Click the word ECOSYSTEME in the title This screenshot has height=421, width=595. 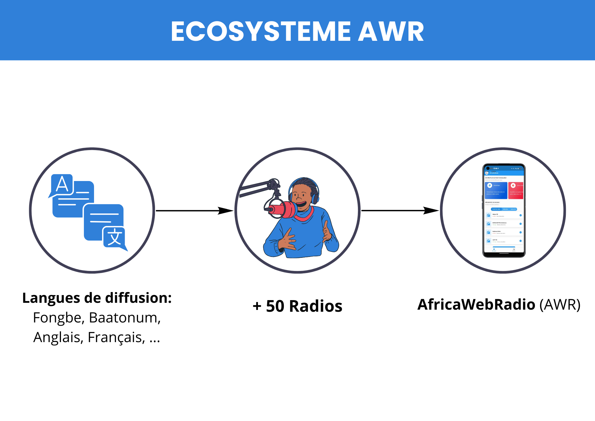261,32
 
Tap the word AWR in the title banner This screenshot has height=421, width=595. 391,32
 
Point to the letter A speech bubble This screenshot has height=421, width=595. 62,185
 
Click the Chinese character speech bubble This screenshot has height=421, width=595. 114,237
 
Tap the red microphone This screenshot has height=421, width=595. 283,209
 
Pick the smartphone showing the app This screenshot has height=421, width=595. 504,210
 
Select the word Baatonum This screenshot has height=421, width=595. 125,318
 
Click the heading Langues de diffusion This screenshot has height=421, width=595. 97,298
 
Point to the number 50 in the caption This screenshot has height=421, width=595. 275,306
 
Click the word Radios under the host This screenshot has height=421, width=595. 316,306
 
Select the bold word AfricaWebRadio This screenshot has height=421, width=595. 476,304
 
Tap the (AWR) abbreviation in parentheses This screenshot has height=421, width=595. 560,304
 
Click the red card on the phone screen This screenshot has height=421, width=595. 516,191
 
